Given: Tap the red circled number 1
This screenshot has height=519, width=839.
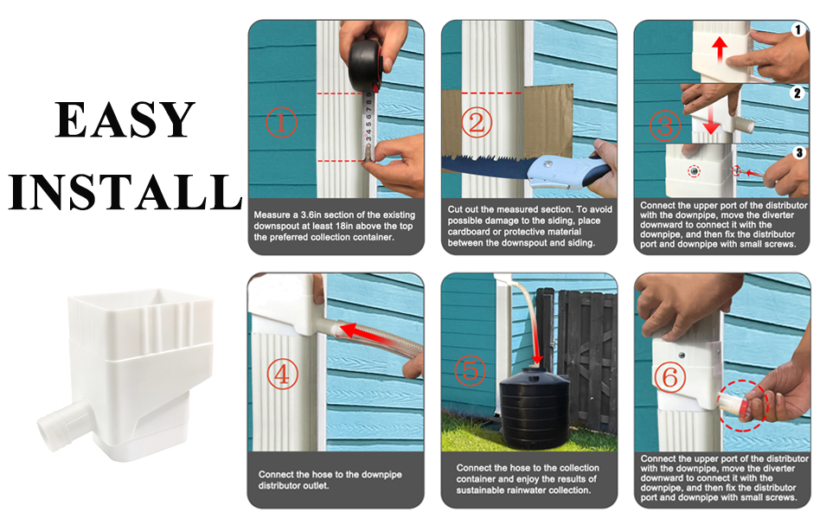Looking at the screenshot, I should point(281,123).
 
